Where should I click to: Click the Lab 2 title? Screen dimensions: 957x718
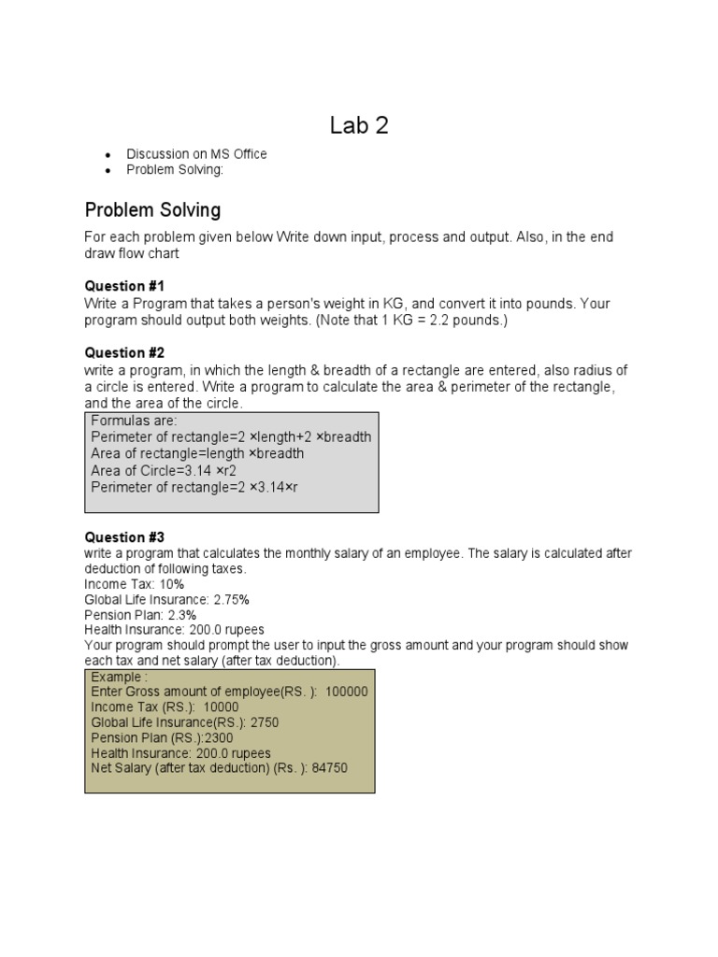359,125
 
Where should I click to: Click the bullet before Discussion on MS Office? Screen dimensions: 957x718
108,154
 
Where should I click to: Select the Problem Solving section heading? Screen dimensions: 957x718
152,209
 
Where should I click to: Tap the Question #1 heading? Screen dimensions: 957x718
124,286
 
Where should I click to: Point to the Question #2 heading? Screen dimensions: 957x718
124,353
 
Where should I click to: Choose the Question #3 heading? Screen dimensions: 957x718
124,537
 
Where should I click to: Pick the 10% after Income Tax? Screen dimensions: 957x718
173,584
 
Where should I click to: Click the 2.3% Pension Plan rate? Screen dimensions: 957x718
181,615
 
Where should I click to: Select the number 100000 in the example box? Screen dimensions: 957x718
346,692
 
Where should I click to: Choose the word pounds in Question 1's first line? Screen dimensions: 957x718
553,304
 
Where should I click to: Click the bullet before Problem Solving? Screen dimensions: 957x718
108,170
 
